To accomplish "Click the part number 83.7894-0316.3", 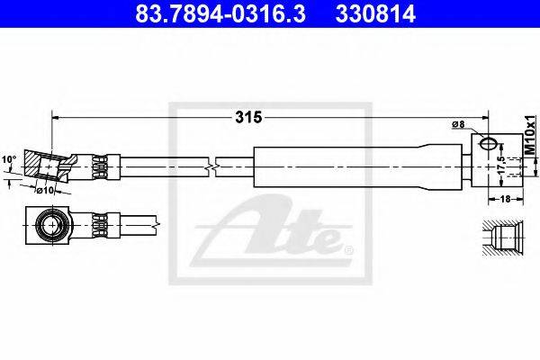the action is tap(220, 14).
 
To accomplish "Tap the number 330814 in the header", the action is tap(375, 14).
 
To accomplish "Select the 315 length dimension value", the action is tap(248, 118).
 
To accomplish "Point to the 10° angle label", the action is tap(9, 159).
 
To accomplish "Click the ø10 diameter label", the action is tap(46, 190).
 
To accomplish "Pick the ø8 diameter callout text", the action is tap(458, 124).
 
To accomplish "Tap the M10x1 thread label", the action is tap(530, 135).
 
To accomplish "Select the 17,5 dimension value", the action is tap(501, 165).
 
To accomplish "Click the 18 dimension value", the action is tap(505, 199).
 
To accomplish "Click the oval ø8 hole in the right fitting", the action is tap(489, 143).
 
